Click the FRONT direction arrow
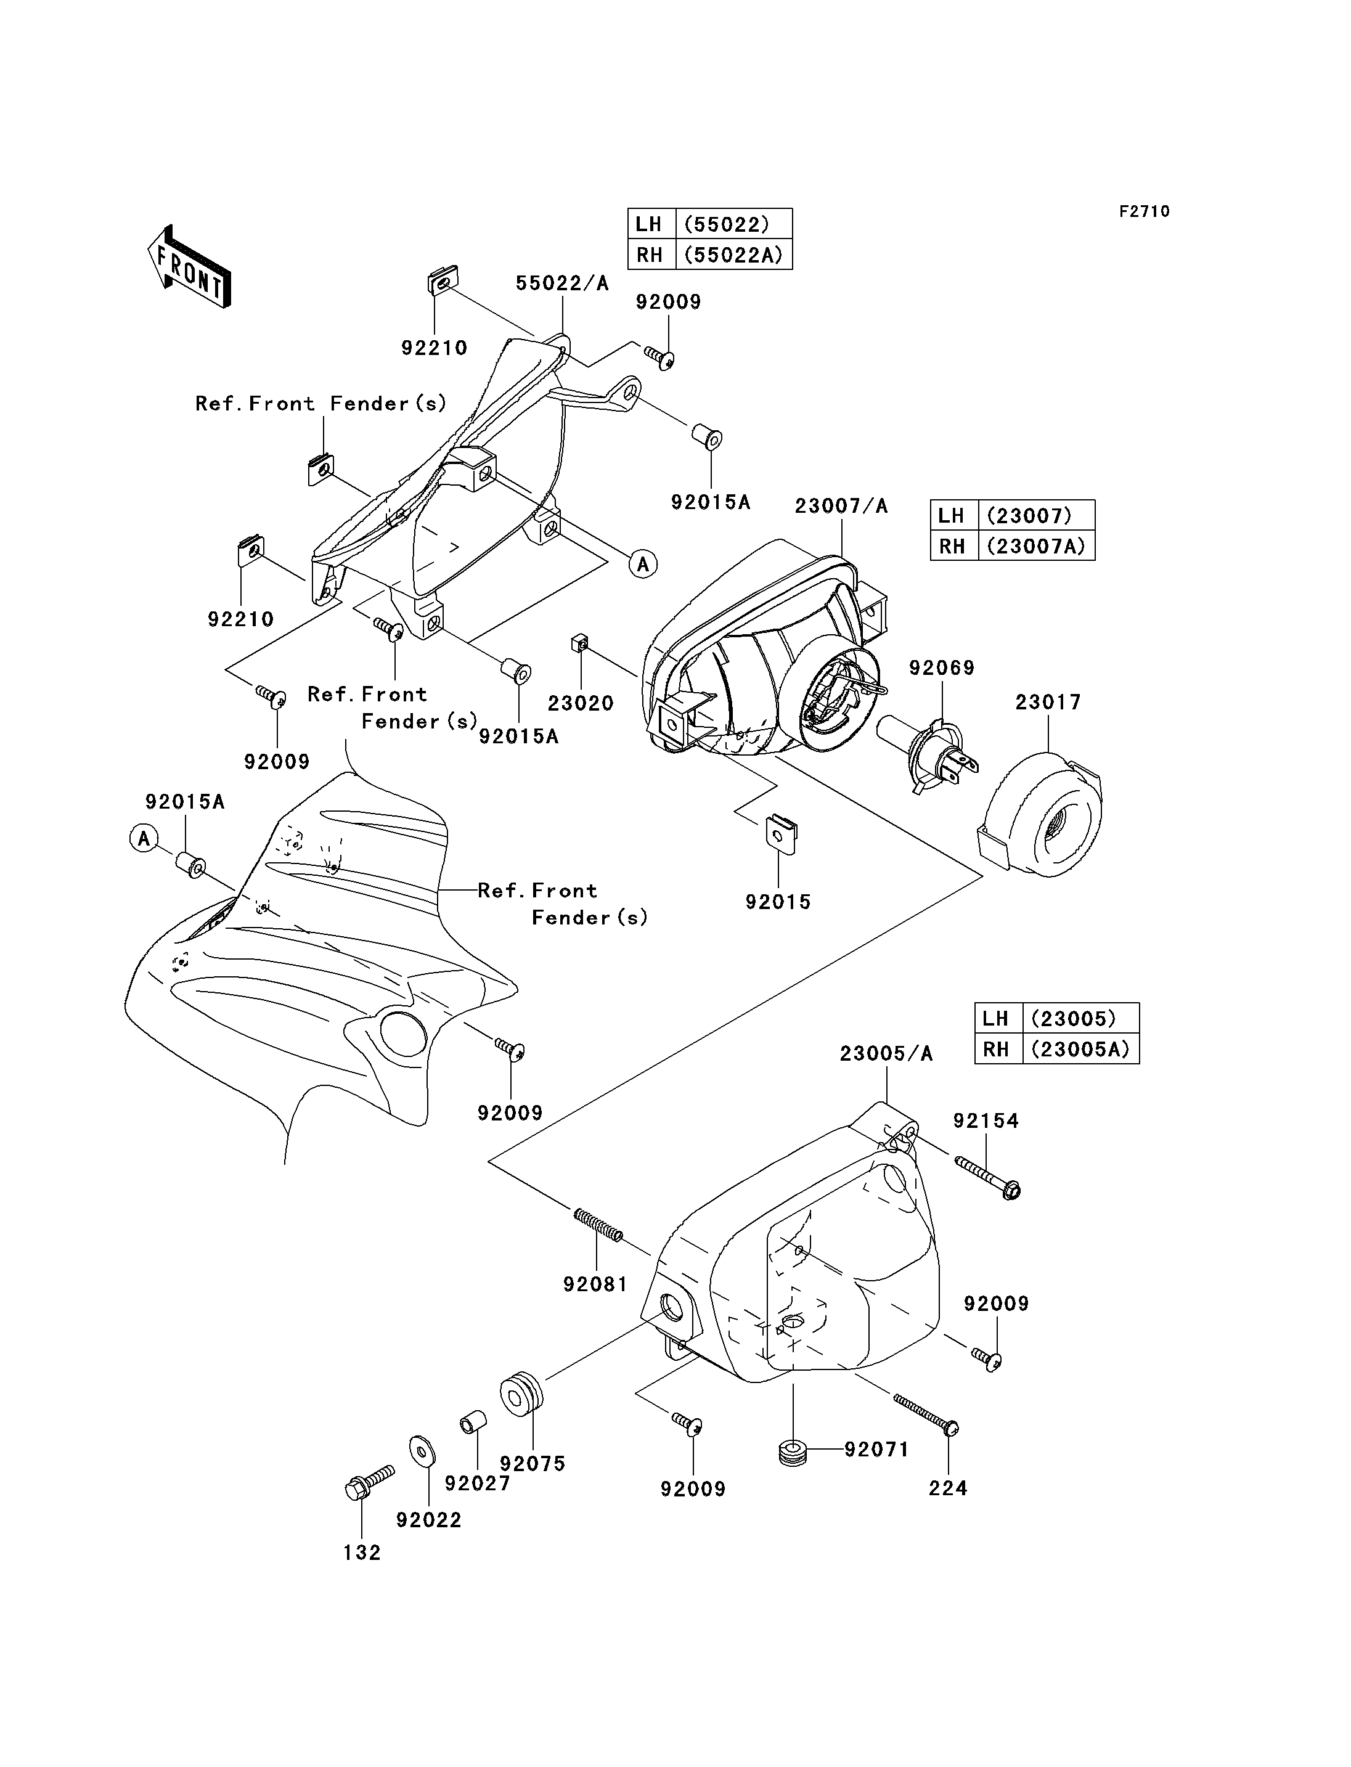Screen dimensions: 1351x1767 click(x=189, y=267)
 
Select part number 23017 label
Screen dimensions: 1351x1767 click(x=1048, y=702)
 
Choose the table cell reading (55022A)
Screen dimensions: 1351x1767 click(x=733, y=255)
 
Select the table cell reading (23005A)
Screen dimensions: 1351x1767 click(x=1080, y=1050)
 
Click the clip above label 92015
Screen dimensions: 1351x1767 click(x=778, y=835)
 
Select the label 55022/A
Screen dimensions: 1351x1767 click(x=562, y=283)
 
